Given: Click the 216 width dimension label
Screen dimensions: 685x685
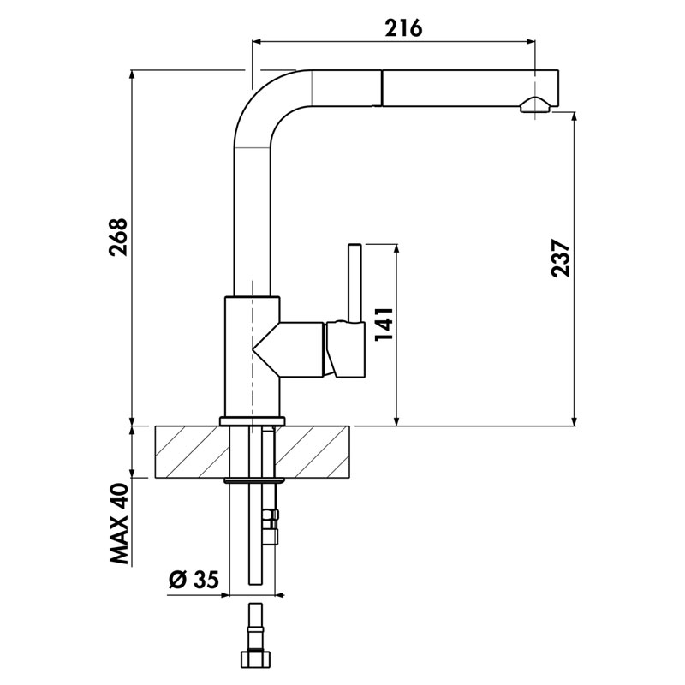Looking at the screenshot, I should click(x=403, y=27).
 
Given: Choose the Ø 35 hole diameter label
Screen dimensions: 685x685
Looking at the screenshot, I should click(x=193, y=581).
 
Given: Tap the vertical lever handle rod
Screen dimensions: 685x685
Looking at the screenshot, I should click(x=353, y=283).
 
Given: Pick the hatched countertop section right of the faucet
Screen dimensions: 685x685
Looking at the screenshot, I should click(x=317, y=451).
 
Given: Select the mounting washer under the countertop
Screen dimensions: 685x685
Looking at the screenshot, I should click(x=252, y=481).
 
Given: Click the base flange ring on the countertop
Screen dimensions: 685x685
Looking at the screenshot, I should click(x=252, y=420).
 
